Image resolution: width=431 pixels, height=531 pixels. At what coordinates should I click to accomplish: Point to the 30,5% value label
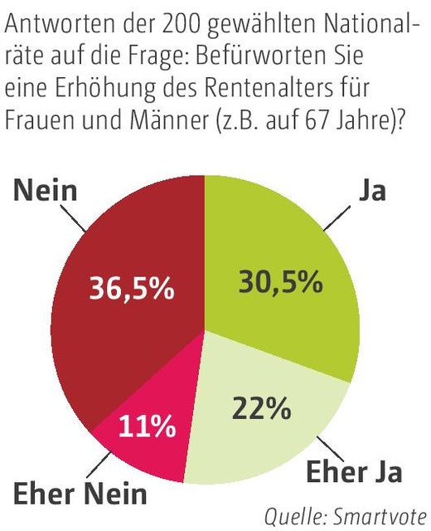coord(279,282)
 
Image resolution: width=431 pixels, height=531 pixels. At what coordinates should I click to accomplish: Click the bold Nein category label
coord(46,191)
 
